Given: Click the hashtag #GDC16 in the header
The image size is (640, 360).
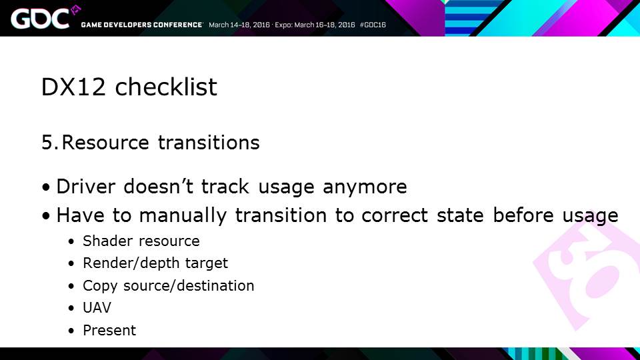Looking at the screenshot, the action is tap(373, 25).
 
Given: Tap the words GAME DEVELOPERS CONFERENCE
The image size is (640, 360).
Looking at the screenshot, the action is tap(141, 25).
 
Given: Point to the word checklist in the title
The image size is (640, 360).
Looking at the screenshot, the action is tap(166, 87).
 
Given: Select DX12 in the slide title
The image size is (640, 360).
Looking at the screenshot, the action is tap(73, 87).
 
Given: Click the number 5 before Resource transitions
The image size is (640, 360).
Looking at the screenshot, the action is tap(47, 143).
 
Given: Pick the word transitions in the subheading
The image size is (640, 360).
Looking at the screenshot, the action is tap(209, 142).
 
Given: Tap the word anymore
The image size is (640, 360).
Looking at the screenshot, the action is tap(365, 187).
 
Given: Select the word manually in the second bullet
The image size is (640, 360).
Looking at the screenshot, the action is tap(183, 215).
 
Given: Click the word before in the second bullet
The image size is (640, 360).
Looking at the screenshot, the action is tap(523, 215).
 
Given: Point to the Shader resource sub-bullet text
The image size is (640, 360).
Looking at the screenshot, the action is tap(141, 241).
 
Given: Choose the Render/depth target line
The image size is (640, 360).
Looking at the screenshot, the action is tap(155, 263).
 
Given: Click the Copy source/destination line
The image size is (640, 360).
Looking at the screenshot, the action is tap(168, 286).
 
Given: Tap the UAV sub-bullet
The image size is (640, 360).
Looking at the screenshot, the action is tap(97, 308).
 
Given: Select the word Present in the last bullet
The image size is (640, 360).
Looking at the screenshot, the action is tap(109, 330).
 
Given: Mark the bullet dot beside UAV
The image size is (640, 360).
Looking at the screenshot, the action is tap(71, 309).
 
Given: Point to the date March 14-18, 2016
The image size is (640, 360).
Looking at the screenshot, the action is tap(239, 25).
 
